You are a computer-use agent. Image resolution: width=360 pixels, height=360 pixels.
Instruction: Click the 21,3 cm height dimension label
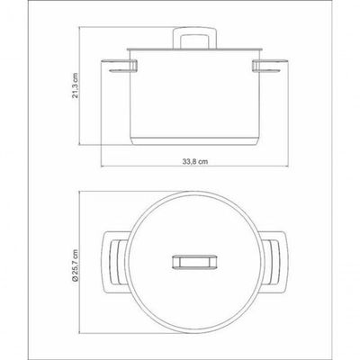pos(76,85)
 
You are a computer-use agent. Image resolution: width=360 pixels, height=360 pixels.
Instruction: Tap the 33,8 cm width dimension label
pos(195,161)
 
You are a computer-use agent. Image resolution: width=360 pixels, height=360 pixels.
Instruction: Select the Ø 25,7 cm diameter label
pos(75,265)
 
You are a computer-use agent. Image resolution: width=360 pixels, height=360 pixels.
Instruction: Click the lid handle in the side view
pos(194,38)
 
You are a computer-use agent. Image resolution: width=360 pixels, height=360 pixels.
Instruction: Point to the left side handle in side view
pos(120,66)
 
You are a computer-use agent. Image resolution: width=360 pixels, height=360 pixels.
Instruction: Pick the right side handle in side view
pos(270,66)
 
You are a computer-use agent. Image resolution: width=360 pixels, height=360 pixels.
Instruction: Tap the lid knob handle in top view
pos(194,262)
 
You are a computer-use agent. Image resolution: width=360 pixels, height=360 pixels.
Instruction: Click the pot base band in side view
pos(194,141)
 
